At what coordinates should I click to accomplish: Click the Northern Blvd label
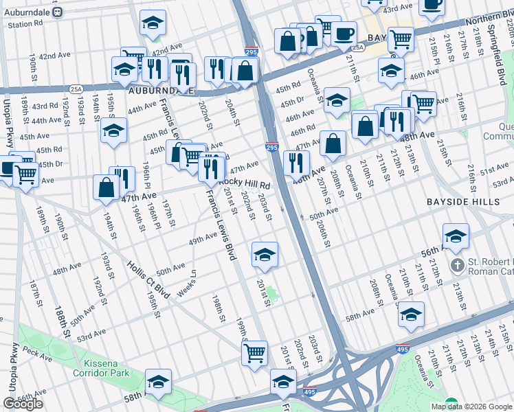click(487, 22)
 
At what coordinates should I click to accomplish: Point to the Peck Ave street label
click(32, 350)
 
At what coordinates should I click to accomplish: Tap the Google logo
click(23, 404)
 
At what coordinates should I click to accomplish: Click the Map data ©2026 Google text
click(471, 407)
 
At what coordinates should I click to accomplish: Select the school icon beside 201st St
click(265, 255)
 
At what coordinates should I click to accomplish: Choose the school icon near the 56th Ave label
click(456, 236)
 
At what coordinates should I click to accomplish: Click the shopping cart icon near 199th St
click(254, 353)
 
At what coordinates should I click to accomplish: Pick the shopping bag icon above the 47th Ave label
click(107, 187)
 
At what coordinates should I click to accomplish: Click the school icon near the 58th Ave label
click(411, 314)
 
